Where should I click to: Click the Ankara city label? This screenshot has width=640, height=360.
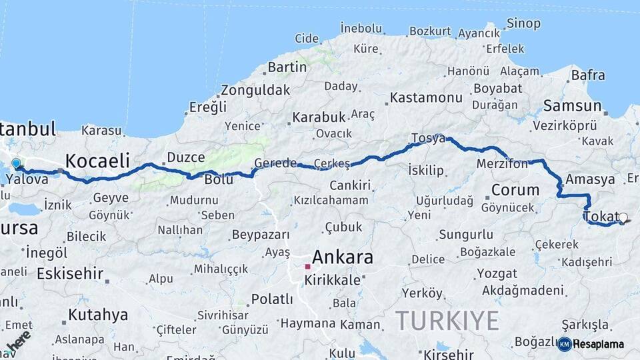343,257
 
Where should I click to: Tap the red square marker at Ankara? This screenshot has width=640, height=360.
307,267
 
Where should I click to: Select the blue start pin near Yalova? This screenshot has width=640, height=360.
16,163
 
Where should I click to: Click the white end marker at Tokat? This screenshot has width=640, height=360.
623,217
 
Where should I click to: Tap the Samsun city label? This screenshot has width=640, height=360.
572,105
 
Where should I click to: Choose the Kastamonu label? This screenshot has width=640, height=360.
426,97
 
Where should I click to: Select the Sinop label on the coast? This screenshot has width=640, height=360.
523,24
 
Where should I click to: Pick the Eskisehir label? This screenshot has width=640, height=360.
70,273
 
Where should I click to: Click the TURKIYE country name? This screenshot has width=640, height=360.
447,321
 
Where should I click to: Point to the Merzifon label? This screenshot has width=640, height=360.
502,163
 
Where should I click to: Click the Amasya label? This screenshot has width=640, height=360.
589,179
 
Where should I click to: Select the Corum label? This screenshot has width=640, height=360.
515,189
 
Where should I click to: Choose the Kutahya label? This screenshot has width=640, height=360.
97,314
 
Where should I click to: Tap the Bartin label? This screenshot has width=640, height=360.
287,67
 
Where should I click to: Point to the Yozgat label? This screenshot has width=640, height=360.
497,273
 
